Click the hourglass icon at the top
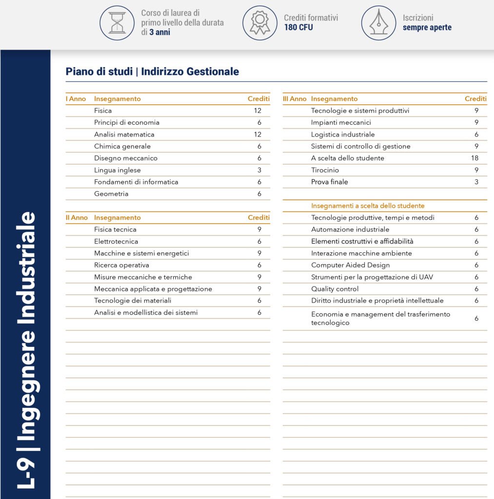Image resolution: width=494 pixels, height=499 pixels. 117,22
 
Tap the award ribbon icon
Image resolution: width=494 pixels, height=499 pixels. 259,22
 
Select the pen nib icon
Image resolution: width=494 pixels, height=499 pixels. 378,22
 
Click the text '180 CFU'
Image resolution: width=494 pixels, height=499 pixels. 298,27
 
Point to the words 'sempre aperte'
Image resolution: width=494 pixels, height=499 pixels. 427,27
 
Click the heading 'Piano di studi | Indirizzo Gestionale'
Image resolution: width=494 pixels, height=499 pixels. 152,72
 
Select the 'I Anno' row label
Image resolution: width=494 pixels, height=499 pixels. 76,99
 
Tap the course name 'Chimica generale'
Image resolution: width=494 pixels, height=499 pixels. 122,146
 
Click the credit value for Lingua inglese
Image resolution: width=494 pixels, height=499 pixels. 259,170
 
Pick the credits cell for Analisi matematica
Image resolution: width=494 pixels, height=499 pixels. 257,134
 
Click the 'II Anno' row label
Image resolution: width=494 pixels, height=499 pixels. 77,218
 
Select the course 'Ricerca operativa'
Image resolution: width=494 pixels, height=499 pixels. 121,265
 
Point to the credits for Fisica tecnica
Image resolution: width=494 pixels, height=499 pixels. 259,230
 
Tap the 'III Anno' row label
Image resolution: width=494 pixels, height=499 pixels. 295,99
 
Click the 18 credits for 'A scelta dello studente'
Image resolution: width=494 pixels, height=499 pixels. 475,158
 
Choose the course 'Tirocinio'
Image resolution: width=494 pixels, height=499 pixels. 325,170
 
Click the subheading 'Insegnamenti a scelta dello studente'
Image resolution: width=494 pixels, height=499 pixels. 368,206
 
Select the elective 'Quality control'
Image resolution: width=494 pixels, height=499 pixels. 335,289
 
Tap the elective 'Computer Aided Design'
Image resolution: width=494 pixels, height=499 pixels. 350,265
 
